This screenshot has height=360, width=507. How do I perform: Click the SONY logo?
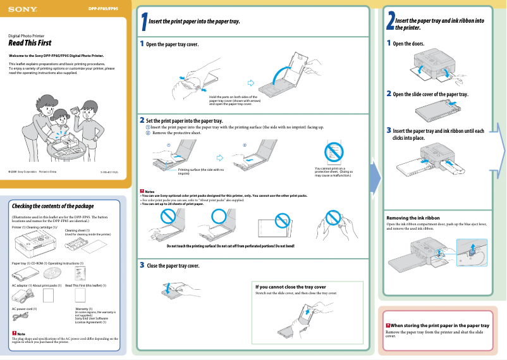point(23,10)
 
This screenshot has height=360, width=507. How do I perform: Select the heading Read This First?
point(30,43)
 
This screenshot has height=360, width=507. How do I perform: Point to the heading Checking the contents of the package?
point(53,206)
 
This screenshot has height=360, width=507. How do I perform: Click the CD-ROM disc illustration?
point(55,273)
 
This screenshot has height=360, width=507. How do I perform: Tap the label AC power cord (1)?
point(25,308)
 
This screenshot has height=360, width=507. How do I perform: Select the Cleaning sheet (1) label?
point(78,230)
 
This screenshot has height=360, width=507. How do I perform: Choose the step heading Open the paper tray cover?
point(172,44)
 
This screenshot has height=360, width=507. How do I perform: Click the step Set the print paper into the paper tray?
point(184,120)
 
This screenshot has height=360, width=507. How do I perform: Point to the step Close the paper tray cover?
point(173,266)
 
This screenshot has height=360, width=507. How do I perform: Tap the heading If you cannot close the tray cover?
point(290,287)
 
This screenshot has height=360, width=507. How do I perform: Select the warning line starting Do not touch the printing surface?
point(230,245)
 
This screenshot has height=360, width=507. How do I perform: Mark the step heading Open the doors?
point(408,44)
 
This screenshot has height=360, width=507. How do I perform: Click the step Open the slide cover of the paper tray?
point(430,94)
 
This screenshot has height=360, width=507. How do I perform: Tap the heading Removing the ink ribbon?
point(413,218)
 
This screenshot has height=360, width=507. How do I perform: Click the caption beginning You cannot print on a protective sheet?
point(334,171)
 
